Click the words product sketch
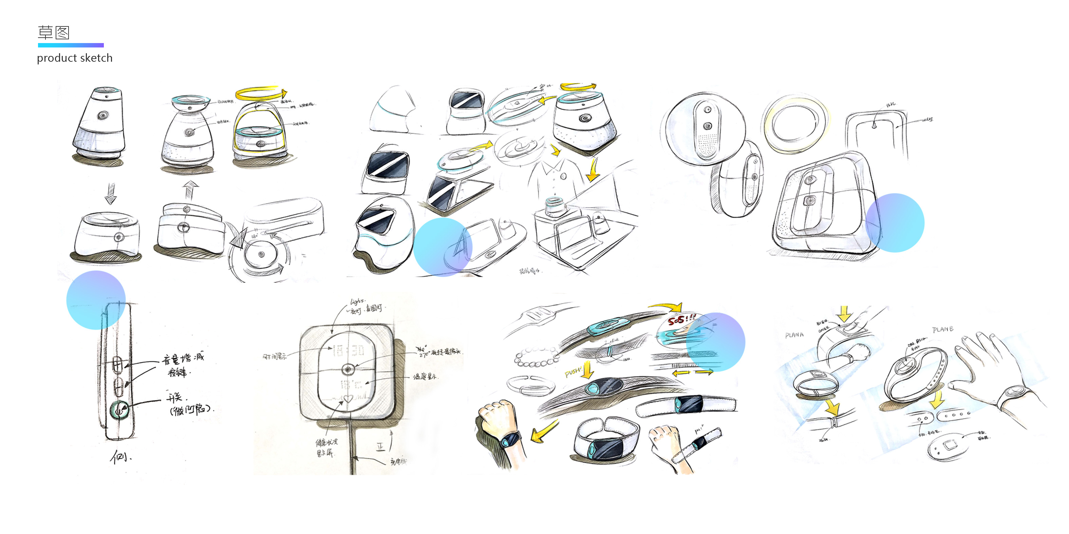pos(75,58)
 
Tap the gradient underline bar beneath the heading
pos(71,45)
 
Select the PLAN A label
pos(794,335)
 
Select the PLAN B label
pos(942,330)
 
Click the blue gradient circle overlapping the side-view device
pos(96,300)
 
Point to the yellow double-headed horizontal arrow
pos(693,373)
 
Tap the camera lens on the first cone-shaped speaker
pos(102,115)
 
